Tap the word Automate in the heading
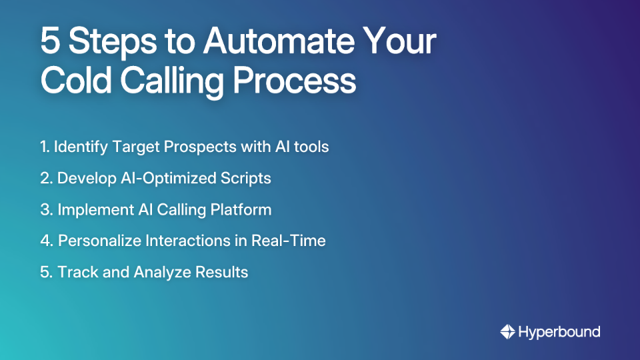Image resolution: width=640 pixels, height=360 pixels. pos(278,42)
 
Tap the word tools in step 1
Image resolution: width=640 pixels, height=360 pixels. pos(312,146)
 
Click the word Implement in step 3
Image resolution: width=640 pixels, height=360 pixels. pos(91,209)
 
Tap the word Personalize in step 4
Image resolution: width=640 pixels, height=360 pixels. pos(98,241)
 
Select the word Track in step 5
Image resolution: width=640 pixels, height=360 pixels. pos(74,272)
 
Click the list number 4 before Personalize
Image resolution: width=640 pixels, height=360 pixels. pos(46,241)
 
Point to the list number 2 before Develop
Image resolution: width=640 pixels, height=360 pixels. pos(45,178)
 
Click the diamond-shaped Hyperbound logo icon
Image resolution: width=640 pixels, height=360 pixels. pos(507,331)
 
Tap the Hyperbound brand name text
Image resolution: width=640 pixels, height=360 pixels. pos(559,331)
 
